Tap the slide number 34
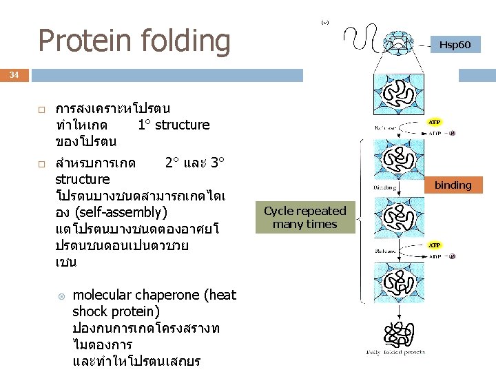[14, 74]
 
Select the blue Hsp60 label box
[455, 45]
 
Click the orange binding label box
[453, 185]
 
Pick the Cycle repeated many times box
[305, 218]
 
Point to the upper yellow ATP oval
[435, 122]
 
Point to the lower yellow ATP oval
[435, 245]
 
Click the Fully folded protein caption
[395, 352]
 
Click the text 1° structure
[174, 125]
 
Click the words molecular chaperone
[138, 295]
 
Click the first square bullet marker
[41, 110]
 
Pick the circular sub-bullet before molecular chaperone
[61, 296]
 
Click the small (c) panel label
[324, 23]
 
